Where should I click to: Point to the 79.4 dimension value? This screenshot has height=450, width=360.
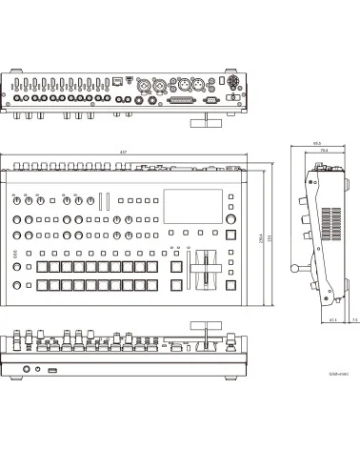pyautogui.click(x=324, y=152)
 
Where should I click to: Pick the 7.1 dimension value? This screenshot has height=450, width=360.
pyautogui.click(x=353, y=321)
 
